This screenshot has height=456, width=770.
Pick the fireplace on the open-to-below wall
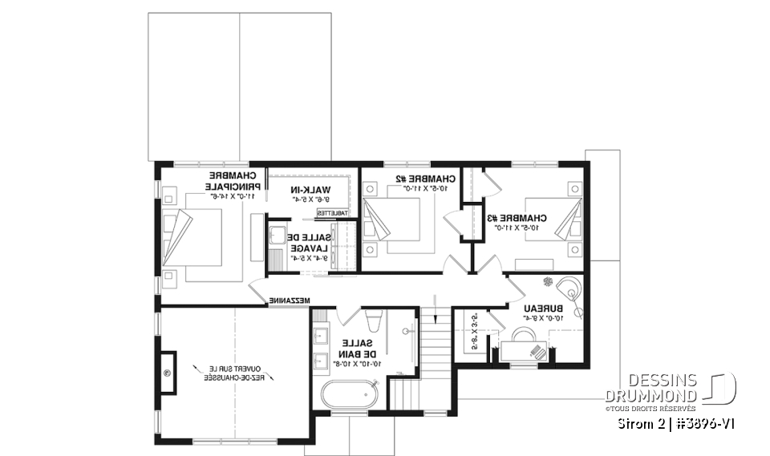pyautogui.click(x=169, y=373)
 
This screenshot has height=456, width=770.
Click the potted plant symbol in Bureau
pyautogui.click(x=548, y=281)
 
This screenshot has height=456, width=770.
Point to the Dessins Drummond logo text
pyautogui.click(x=650, y=388)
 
